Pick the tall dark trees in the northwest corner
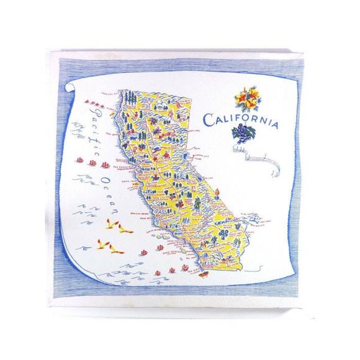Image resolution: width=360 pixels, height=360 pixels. [128, 98]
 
